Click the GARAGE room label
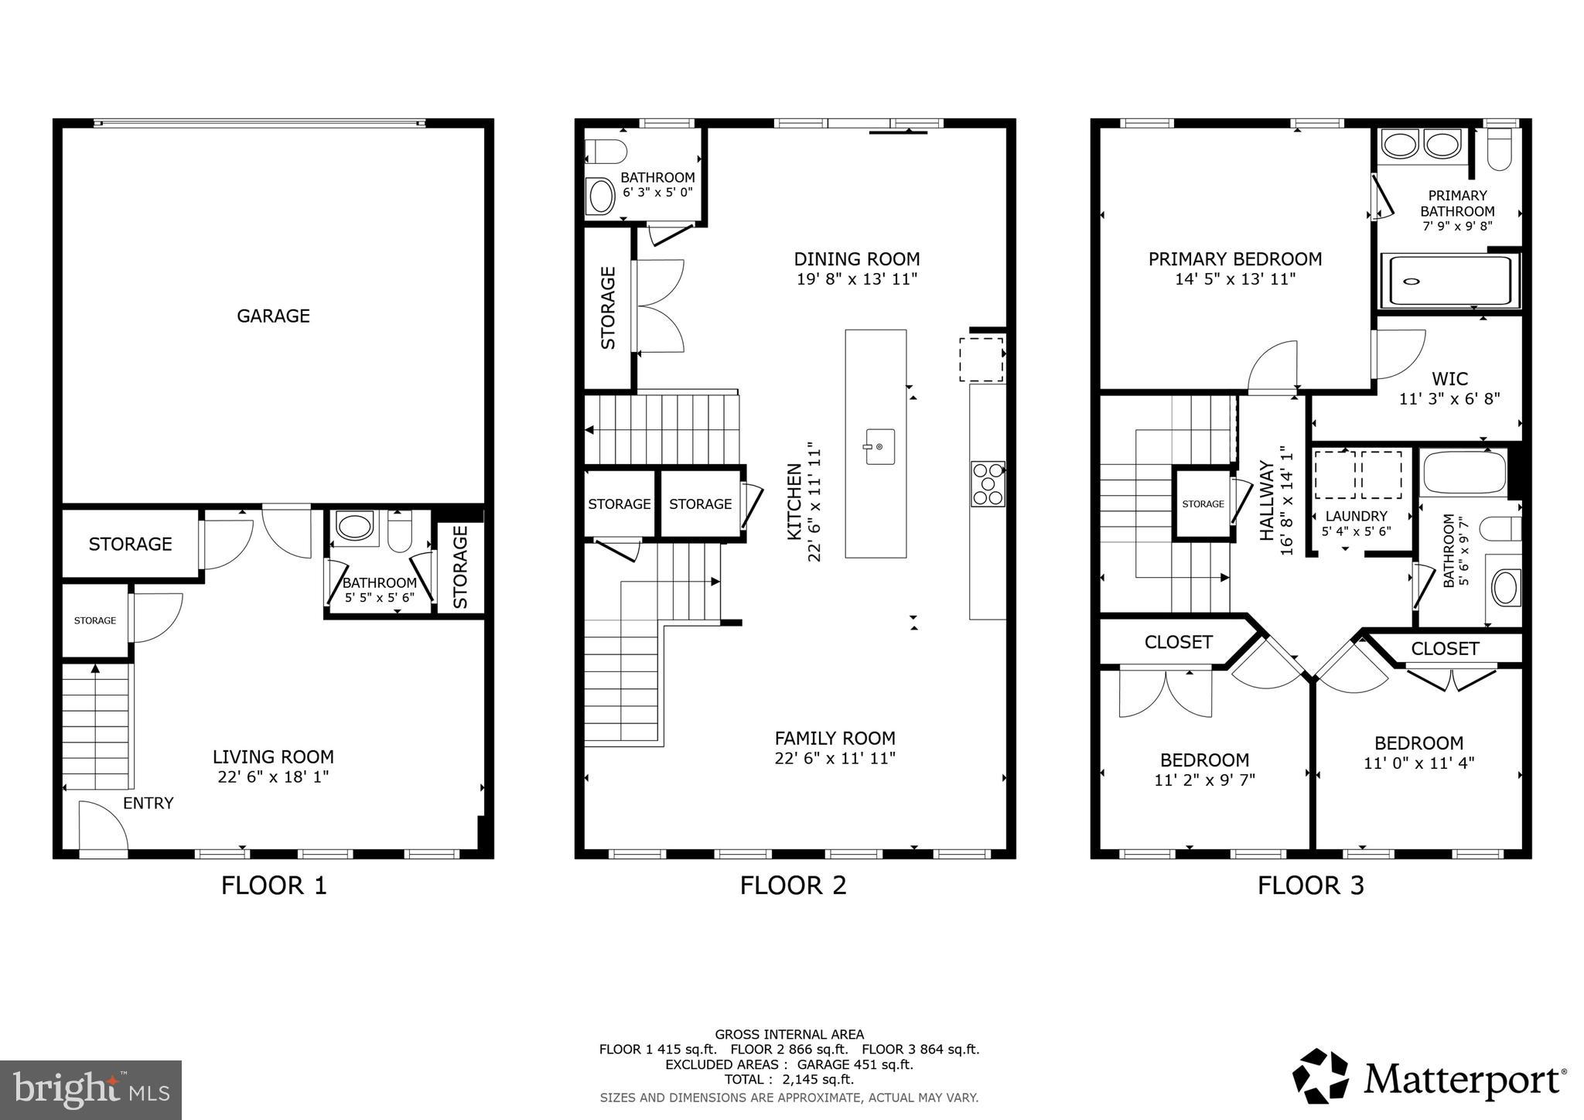(273, 316)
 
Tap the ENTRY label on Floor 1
(148, 803)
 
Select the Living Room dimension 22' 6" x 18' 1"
(273, 777)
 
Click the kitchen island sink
(879, 446)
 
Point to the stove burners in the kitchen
(988, 484)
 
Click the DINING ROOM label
(857, 259)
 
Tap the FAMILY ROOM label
(835, 738)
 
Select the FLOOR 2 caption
(793, 885)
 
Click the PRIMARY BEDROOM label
(1234, 259)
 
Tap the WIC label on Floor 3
(1449, 379)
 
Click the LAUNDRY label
(1356, 516)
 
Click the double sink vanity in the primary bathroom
(1423, 145)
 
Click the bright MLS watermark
(90, 1091)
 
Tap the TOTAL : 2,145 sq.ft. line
(789, 1079)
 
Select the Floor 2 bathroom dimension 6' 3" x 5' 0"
(657, 192)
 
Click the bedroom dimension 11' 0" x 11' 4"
(1418, 763)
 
